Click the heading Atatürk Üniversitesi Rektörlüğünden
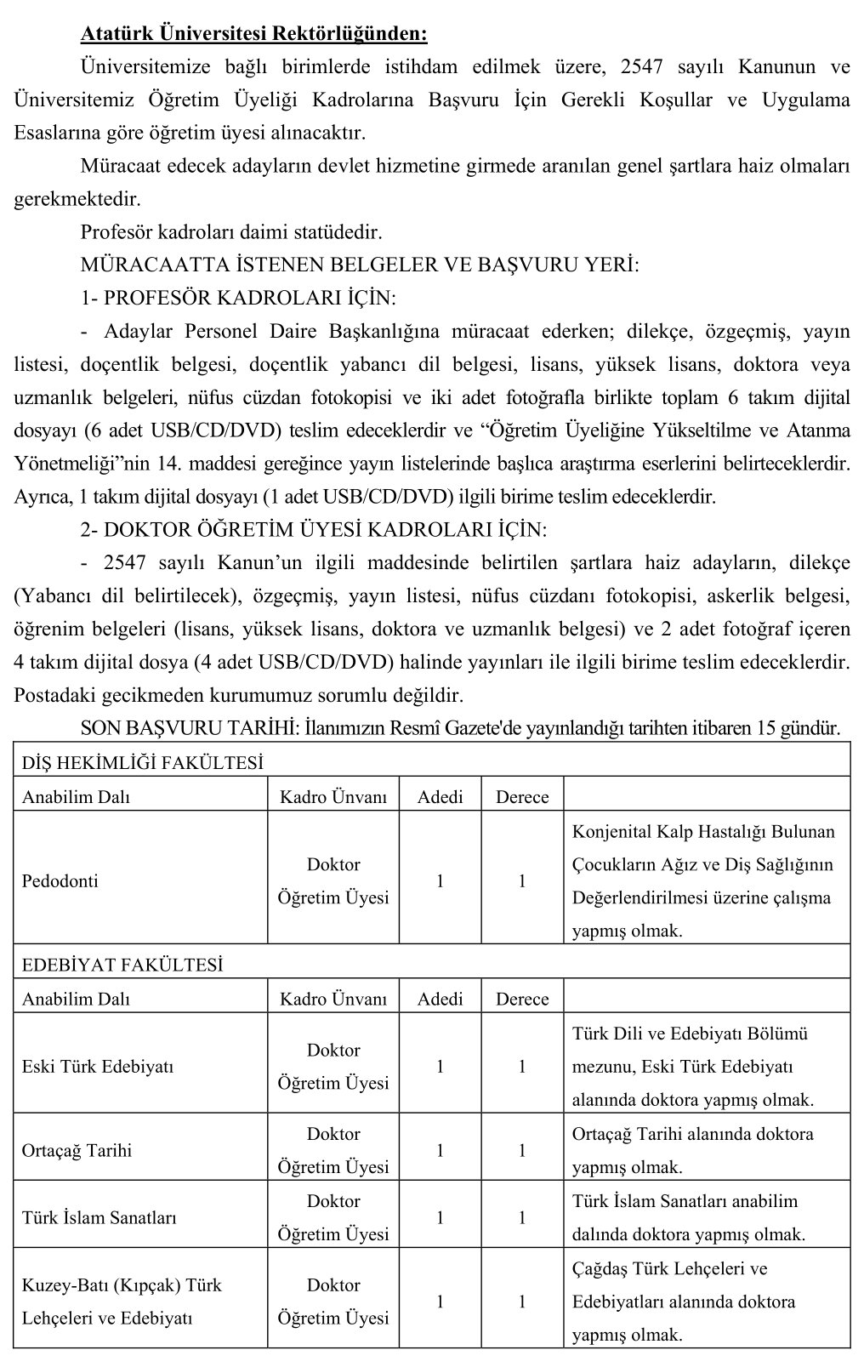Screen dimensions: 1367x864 [x=253, y=35]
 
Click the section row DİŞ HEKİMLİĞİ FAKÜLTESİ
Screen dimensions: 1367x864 [x=142, y=763]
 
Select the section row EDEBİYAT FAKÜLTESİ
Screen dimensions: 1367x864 [x=122, y=965]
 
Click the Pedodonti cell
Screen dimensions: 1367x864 [x=60, y=881]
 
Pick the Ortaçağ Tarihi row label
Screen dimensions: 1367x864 [x=77, y=1151]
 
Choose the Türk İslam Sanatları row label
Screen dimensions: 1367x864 [x=99, y=1218]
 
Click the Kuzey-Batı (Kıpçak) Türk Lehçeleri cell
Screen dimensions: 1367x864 [x=122, y=1301]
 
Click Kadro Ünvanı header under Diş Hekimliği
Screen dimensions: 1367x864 [x=333, y=797]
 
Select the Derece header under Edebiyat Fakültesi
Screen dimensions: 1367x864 [x=522, y=1000]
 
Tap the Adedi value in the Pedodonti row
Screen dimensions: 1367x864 [x=440, y=881]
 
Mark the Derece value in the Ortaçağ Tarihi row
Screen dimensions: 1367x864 [x=522, y=1151]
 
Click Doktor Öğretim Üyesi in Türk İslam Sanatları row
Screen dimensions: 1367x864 [x=333, y=1218]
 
